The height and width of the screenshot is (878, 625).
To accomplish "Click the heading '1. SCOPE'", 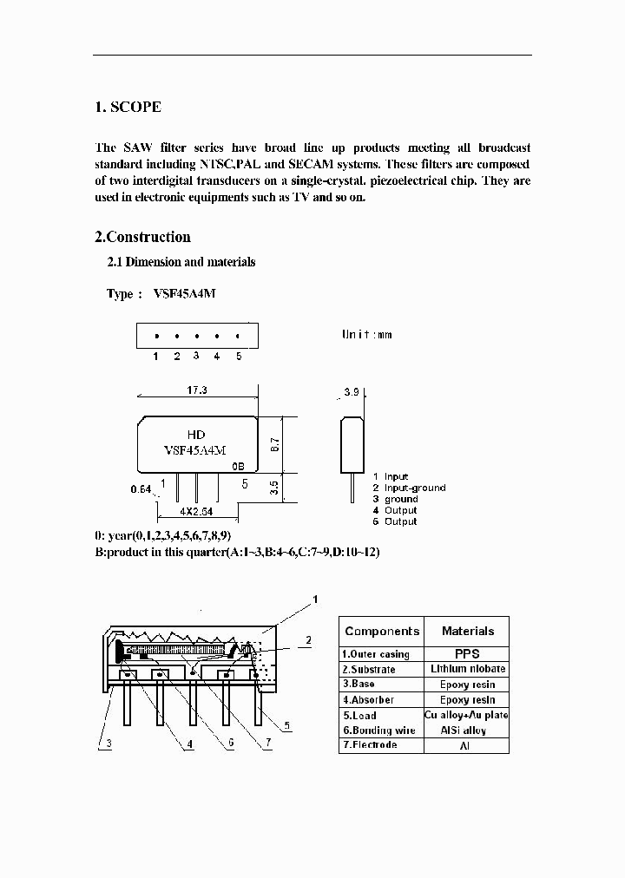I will (128, 108).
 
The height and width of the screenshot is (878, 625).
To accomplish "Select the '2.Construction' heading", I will (142, 237).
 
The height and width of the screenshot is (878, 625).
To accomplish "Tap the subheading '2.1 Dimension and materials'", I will (181, 262).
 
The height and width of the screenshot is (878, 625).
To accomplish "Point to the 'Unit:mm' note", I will (367, 334).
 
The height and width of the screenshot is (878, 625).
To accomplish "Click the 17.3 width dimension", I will (197, 390).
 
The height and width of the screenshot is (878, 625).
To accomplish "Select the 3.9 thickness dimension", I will (352, 392).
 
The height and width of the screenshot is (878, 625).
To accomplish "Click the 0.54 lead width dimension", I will (141, 488).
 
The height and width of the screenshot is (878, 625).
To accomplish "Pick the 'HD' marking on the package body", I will (197, 434).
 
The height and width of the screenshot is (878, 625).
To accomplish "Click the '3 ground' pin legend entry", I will (395, 499).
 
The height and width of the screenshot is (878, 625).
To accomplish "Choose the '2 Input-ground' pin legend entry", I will (409, 488).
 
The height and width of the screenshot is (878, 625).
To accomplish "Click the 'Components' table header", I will (382, 632).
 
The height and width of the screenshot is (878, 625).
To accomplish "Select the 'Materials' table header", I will (467, 632).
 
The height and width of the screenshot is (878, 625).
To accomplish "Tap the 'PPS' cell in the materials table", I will (467, 654).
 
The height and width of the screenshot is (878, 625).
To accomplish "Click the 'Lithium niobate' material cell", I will (467, 669).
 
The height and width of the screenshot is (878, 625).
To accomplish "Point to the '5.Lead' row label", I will (359, 716).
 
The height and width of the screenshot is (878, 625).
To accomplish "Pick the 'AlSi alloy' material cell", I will (467, 731).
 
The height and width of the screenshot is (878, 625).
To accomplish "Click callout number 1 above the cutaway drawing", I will (316, 599).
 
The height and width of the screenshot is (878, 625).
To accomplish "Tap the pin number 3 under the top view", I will (196, 356).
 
